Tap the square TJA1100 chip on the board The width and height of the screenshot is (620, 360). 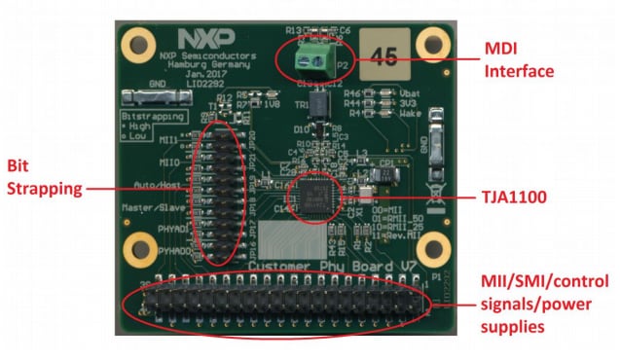(318, 193)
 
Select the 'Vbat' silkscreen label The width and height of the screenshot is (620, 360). (379, 92)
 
